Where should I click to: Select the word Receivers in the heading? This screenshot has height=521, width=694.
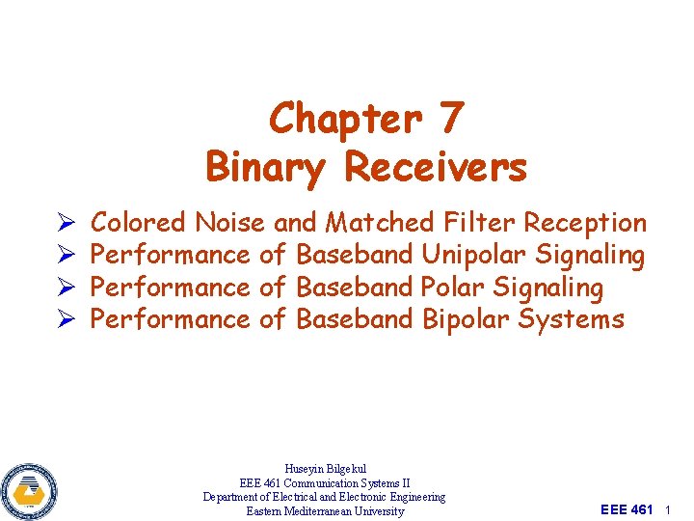point(436,167)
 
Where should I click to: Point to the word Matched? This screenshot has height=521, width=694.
point(381,223)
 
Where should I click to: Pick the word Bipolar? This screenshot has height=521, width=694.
point(467,319)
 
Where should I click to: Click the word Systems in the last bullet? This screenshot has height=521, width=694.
point(571,319)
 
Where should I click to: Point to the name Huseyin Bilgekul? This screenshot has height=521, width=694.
point(325,469)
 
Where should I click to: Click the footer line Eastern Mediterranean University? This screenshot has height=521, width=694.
point(325,511)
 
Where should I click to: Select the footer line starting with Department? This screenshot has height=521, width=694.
point(325,497)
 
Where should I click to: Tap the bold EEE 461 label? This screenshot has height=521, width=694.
point(627,509)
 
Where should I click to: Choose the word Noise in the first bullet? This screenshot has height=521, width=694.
point(229,223)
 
